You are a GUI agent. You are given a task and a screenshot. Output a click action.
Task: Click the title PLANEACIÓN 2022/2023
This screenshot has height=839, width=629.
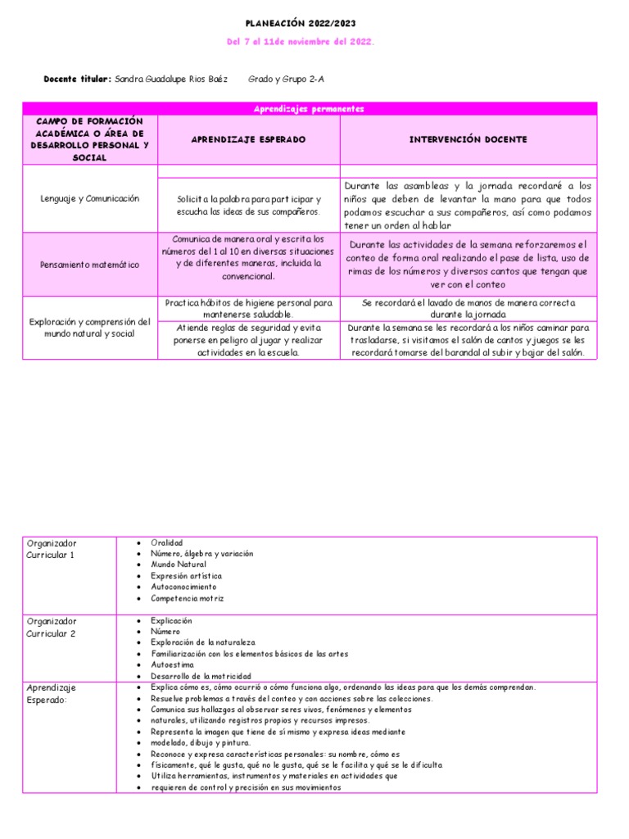301,24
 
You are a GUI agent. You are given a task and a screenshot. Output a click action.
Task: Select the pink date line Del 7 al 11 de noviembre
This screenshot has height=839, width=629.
300,42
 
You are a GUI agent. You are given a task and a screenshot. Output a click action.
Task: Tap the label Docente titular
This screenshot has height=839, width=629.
77,79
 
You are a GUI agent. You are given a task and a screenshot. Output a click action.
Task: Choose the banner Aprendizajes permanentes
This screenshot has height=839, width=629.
309,108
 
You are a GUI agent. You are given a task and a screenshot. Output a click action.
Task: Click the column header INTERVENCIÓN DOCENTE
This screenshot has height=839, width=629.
468,140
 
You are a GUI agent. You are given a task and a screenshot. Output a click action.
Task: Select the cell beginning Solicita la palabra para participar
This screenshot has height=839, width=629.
248,206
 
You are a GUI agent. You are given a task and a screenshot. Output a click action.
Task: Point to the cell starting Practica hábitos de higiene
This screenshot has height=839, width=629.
248,308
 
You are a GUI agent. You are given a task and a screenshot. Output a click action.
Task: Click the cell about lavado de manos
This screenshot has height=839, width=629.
468,308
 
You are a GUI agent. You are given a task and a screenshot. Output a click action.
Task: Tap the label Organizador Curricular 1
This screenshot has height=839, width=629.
51,549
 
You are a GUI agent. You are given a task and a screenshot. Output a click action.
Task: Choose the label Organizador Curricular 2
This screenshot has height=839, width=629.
51,628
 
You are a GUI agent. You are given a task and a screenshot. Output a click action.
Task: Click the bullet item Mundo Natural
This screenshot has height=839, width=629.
179,565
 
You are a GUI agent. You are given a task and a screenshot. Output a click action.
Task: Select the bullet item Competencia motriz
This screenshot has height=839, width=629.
188,598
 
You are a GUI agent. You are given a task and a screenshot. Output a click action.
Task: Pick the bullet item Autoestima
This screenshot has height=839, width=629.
174,665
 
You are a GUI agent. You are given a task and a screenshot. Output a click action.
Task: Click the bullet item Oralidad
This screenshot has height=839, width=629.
167,542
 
